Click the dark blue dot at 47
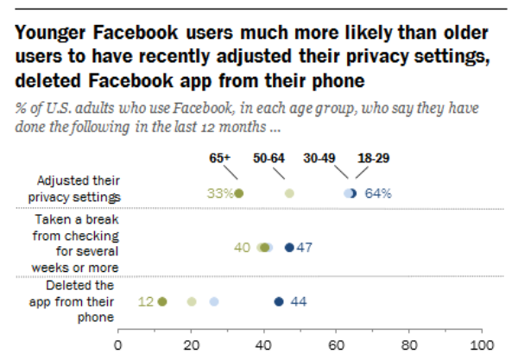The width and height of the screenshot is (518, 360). pos(289,248)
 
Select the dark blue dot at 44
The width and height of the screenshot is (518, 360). pos(279,301)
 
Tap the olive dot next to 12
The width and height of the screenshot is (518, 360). pos(162,301)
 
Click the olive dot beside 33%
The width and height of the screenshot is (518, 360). pos(239,193)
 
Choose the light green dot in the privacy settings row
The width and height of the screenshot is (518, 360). pos(289,193)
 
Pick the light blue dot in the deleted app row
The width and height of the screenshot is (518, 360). pos(214,301)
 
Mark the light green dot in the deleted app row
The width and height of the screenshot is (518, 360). pos(192,301)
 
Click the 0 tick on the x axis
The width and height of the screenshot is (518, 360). pos(118,342)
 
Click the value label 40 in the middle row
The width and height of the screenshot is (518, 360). pos(242,248)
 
